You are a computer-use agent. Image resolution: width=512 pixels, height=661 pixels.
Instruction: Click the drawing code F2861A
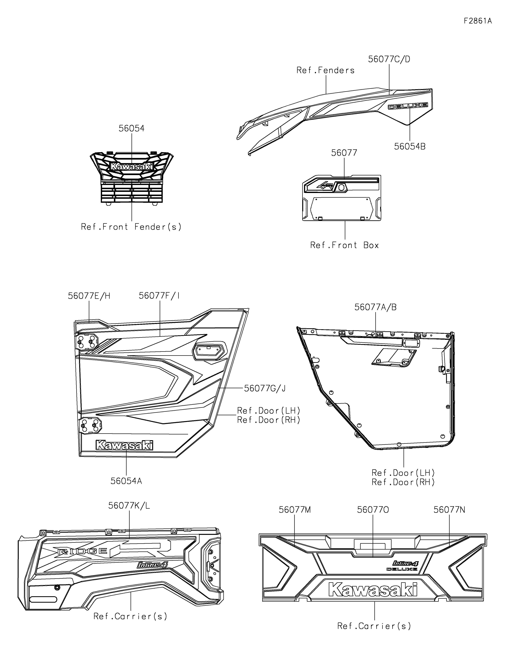[477, 21]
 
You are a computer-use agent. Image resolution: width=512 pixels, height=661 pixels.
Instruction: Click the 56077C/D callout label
[389, 59]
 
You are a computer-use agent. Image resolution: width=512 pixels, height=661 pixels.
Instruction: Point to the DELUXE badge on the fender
[408, 106]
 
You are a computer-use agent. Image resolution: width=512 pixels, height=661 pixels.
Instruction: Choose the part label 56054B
[410, 146]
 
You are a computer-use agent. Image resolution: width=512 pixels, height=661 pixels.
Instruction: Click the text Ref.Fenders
[325, 71]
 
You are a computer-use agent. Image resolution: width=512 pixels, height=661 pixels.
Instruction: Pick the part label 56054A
[126, 481]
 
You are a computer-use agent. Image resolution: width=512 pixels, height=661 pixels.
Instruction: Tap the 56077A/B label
[376, 307]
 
